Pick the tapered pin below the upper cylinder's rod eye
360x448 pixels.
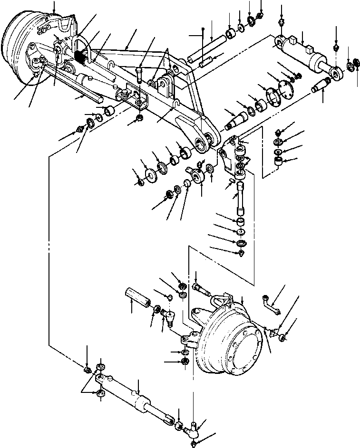point(320,88)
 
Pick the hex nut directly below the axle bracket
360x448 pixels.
point(140,118)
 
